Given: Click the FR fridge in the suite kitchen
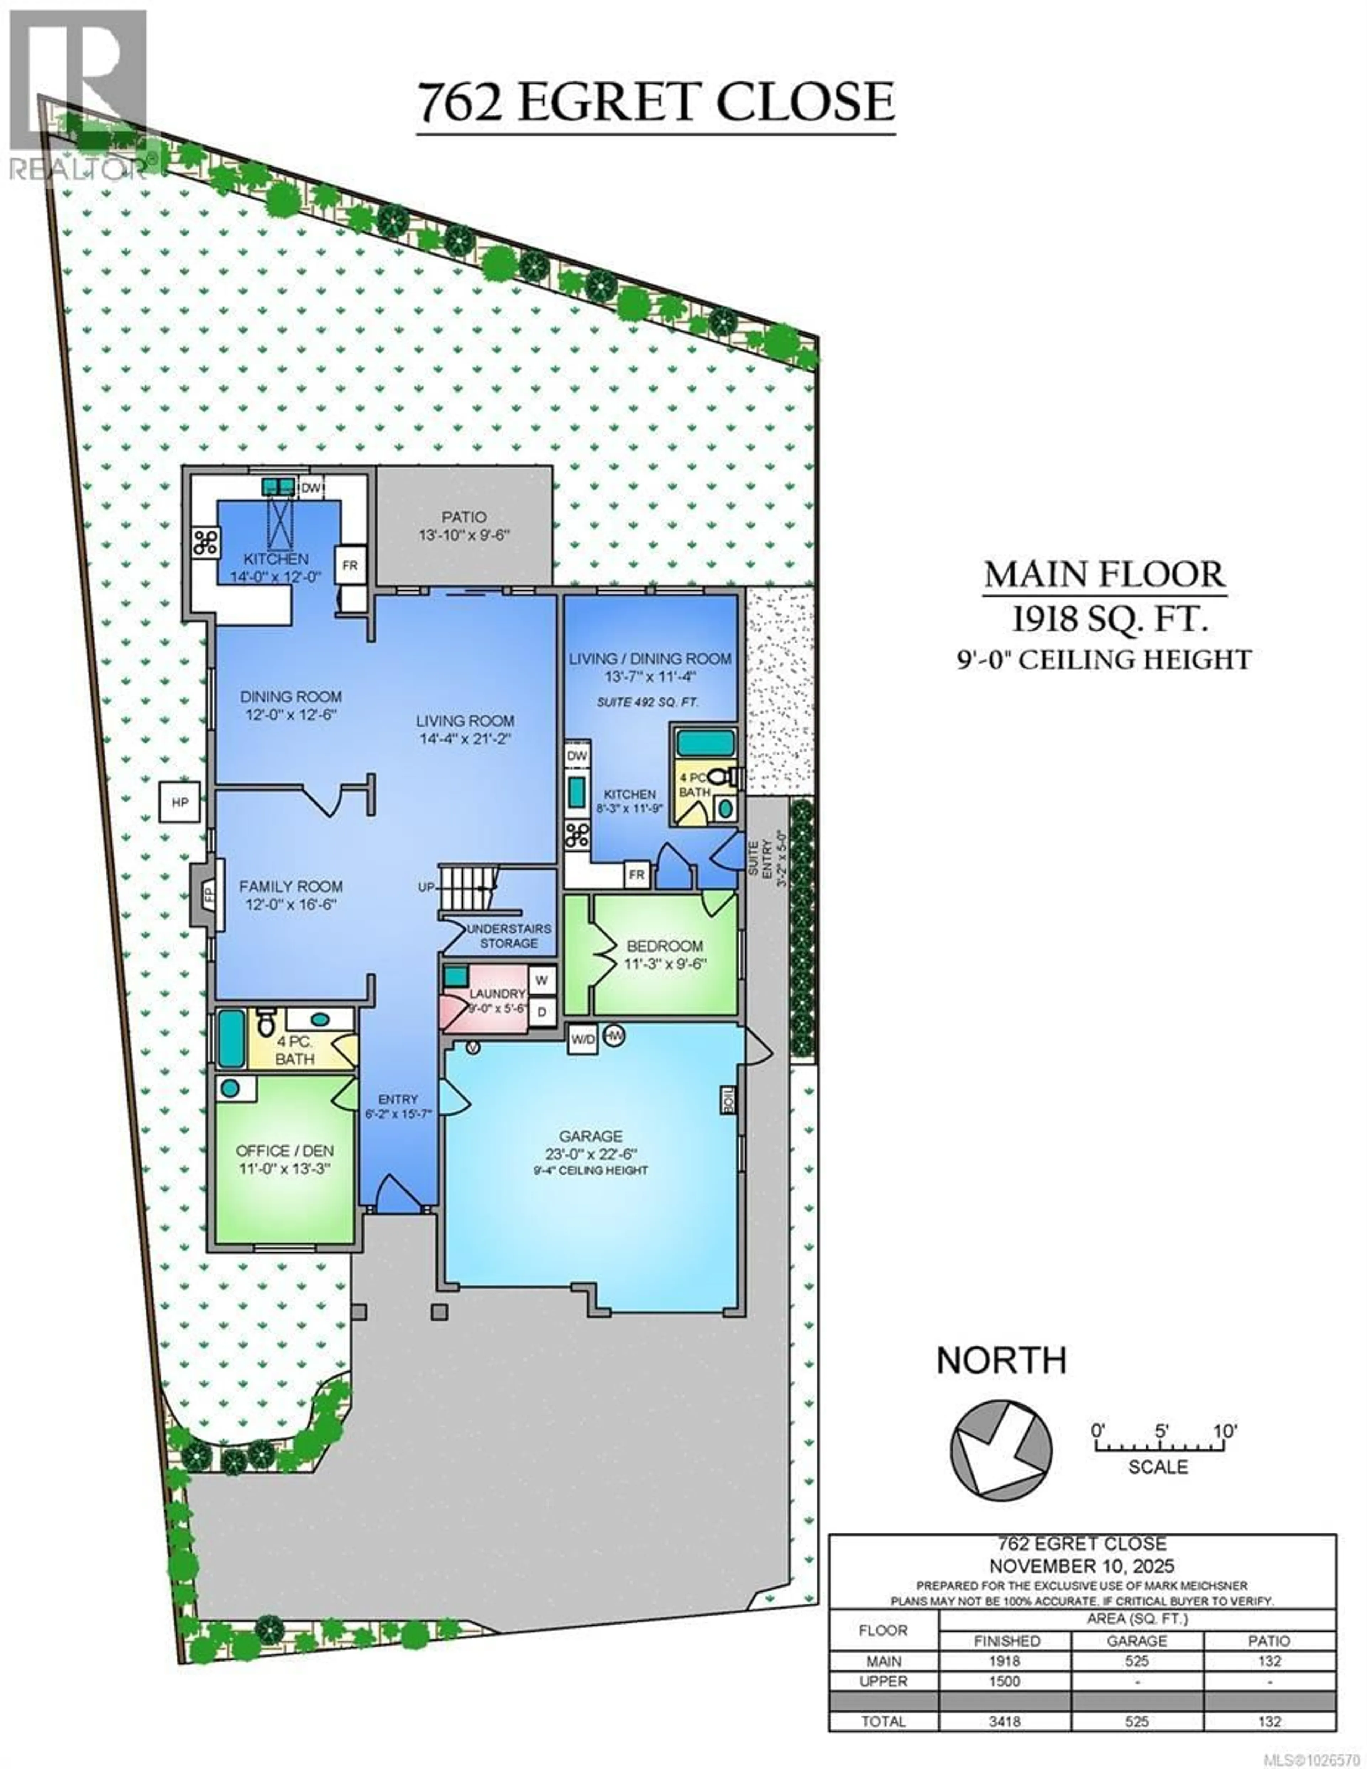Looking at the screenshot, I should coord(637,875).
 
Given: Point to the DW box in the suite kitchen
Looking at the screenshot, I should coord(576,756).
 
